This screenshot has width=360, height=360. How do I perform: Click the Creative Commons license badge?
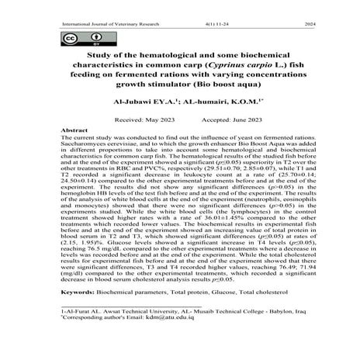click(x=73, y=39)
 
